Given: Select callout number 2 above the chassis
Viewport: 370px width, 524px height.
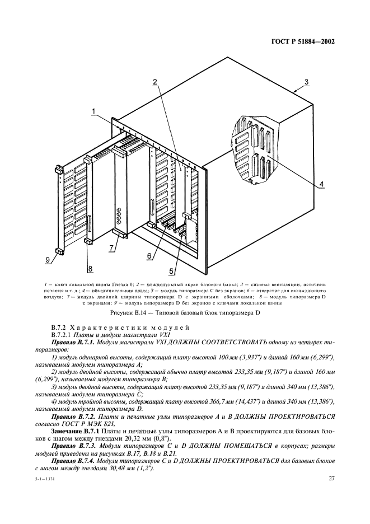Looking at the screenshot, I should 155,82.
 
